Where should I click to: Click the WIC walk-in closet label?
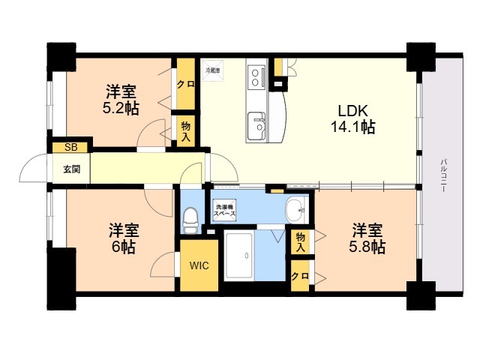[x=199, y=265]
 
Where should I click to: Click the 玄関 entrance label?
[x=71, y=168]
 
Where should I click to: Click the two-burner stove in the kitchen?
[x=257, y=76]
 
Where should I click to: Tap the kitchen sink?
[x=257, y=122]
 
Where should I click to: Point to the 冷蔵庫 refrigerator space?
[x=213, y=70]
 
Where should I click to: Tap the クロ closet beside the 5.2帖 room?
[x=185, y=84]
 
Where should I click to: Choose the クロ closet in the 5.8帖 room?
[x=299, y=275]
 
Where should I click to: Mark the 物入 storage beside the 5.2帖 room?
[x=185, y=128]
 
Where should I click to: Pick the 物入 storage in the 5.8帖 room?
[x=299, y=241]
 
